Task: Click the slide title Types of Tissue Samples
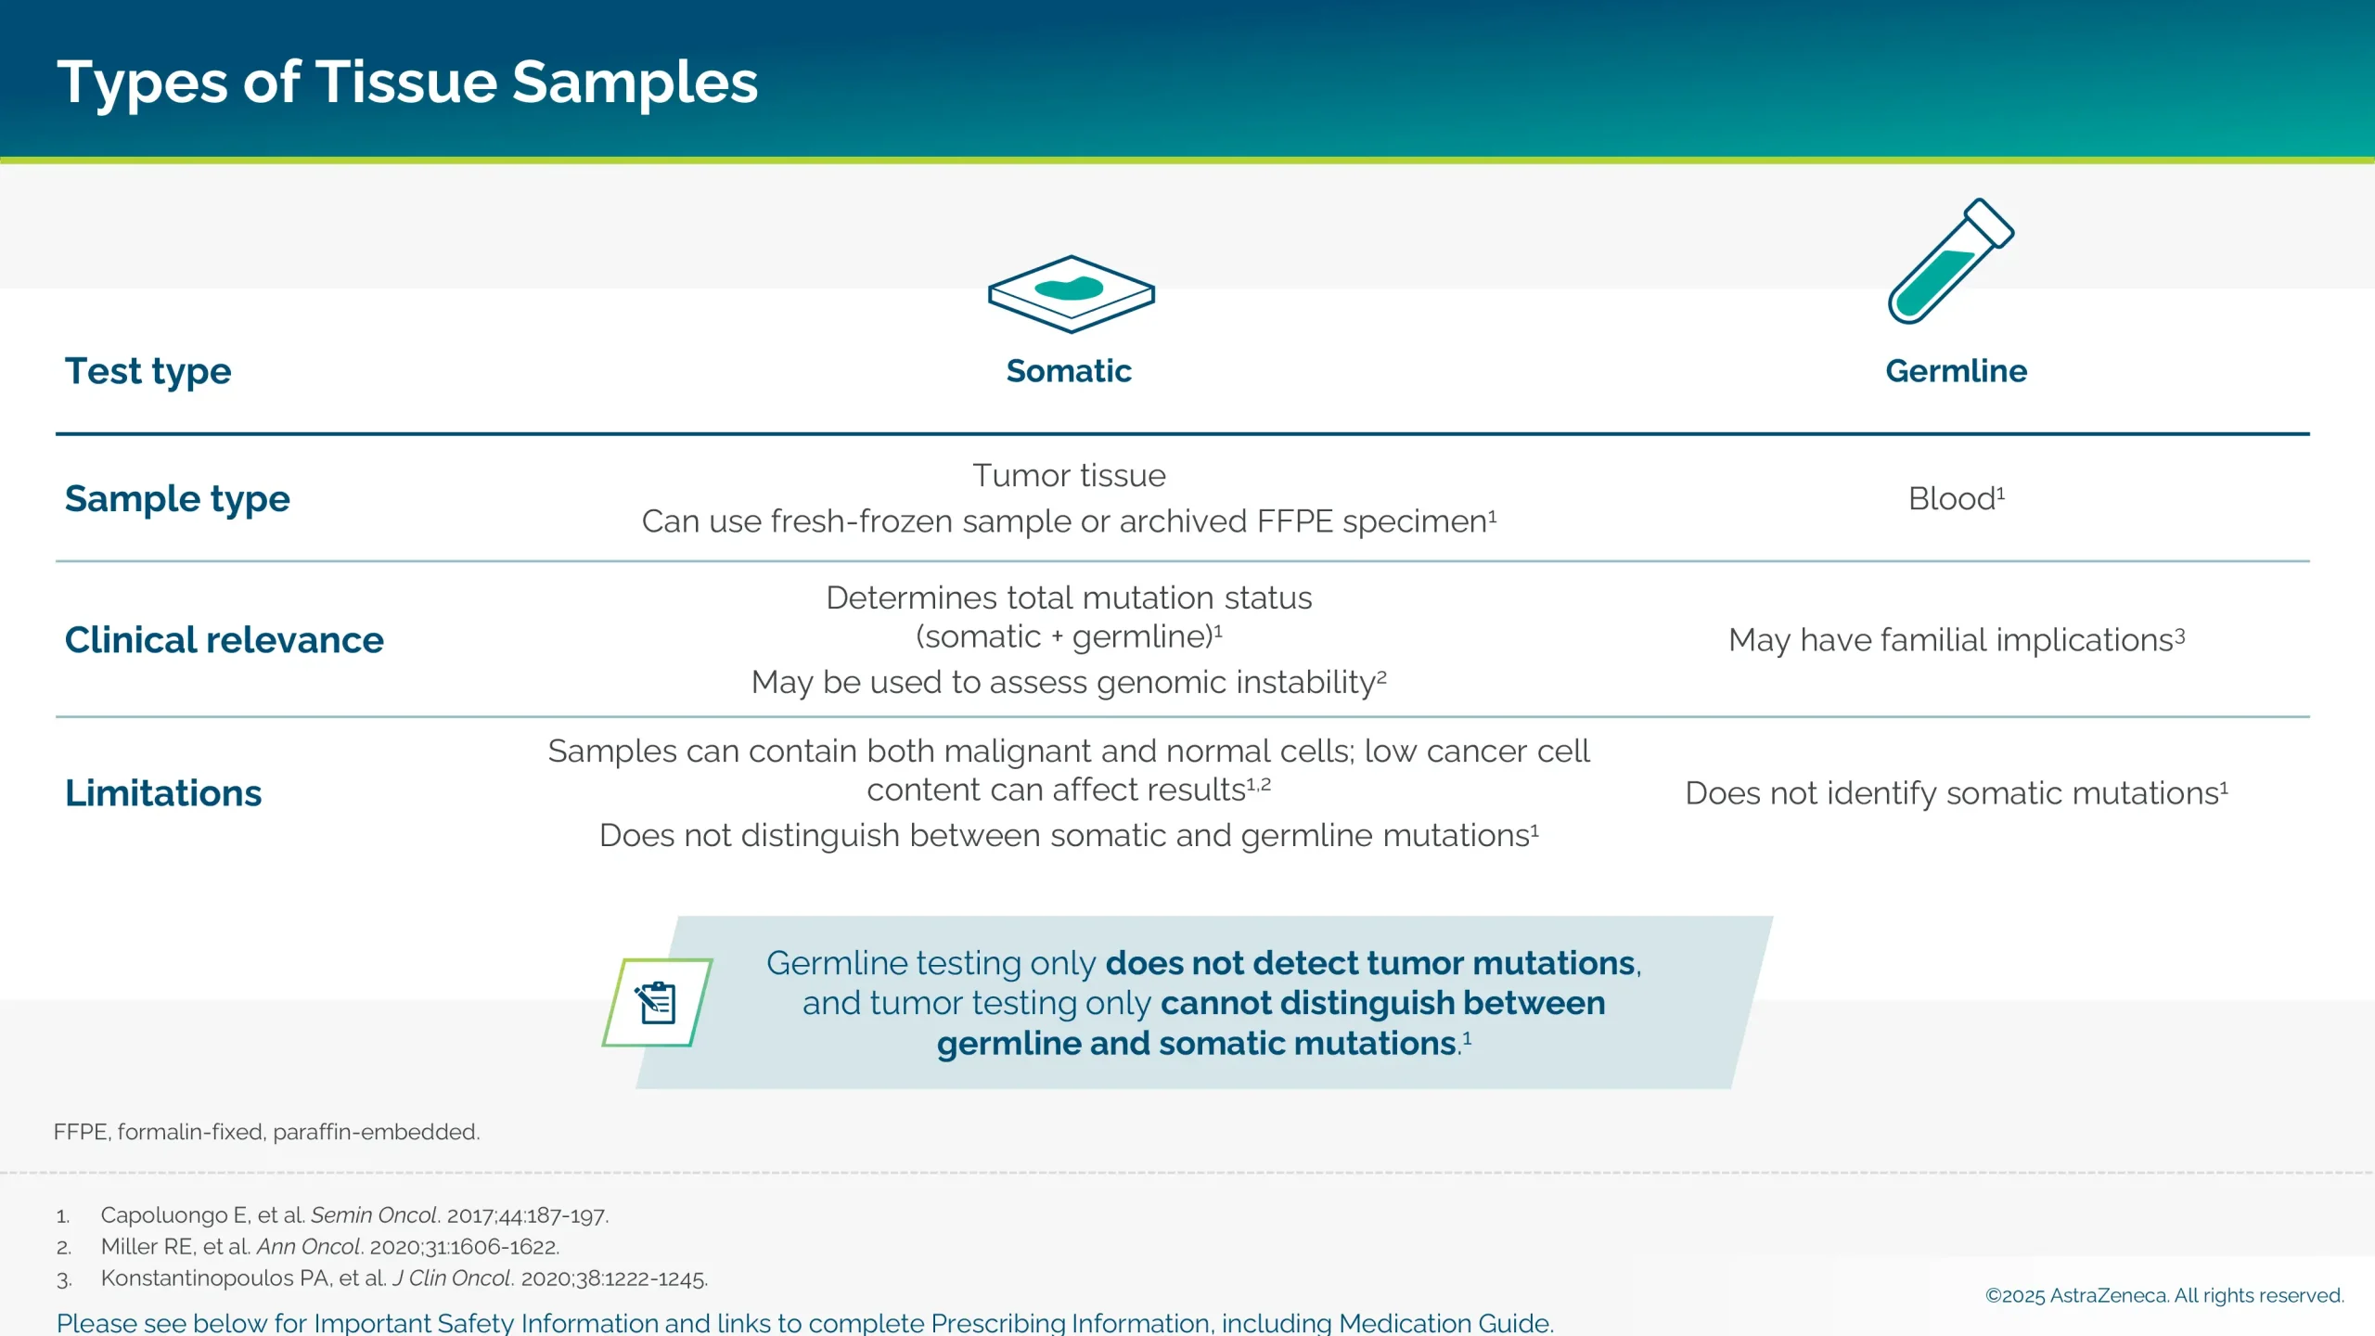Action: point(407,83)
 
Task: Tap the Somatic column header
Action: point(1069,371)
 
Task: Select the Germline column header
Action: point(1956,371)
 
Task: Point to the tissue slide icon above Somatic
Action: point(1071,293)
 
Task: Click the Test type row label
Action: point(148,371)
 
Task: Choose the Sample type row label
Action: point(177,499)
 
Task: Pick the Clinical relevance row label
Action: point(225,640)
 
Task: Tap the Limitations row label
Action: point(163,793)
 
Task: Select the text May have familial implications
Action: point(1956,640)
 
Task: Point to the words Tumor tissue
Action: point(1069,476)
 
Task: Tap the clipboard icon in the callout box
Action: point(657,1003)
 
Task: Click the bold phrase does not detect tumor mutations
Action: point(1370,963)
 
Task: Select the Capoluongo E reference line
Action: point(354,1215)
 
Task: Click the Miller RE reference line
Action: point(330,1247)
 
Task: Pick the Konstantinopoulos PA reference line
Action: point(404,1278)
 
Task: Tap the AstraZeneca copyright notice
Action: point(2163,1295)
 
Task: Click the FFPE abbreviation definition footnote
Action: point(266,1132)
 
